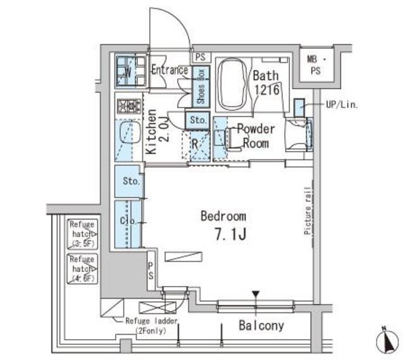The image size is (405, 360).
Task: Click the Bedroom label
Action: coord(223,216)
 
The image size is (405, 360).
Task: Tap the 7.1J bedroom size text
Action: coord(229,235)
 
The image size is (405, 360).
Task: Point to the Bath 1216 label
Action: coord(266,82)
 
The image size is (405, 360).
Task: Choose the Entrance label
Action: coord(169,70)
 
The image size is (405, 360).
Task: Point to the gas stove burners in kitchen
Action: coord(128,106)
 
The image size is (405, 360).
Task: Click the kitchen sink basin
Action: coord(129,134)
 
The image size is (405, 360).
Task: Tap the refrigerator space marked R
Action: coord(196,144)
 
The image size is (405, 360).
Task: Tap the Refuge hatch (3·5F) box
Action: coord(82,234)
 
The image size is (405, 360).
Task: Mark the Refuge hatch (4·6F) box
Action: coord(82,268)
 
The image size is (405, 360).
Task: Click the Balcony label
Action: coord(261,326)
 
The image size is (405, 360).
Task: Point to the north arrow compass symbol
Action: coord(385,342)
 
